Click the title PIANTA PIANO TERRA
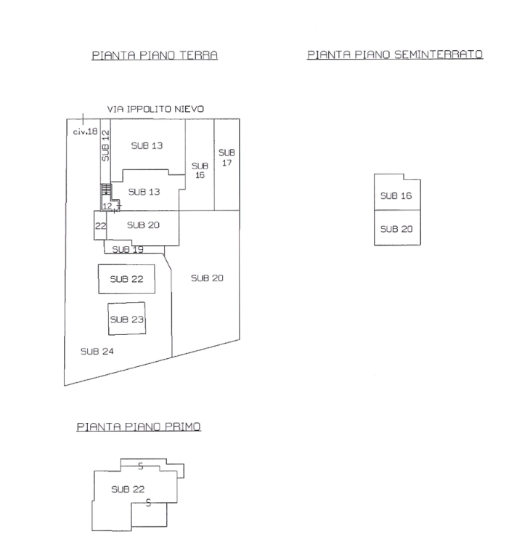pyautogui.click(x=155, y=55)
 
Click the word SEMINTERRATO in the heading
pyautogui.click(x=438, y=54)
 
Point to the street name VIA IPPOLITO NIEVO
pyautogui.click(x=155, y=109)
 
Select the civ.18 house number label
pyautogui.click(x=85, y=132)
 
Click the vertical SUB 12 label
pyautogui.click(x=105, y=145)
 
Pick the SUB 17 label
pyautogui.click(x=227, y=158)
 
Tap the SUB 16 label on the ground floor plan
pyautogui.click(x=200, y=171)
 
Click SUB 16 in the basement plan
pyautogui.click(x=396, y=195)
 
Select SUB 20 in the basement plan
pyautogui.click(x=396, y=229)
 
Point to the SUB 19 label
pyautogui.click(x=128, y=249)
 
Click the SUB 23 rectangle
pyautogui.click(x=126, y=319)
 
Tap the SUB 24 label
pyautogui.click(x=97, y=352)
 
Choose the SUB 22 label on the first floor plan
pyautogui.click(x=128, y=489)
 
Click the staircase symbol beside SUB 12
pyautogui.click(x=106, y=189)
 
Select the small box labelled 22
pyautogui.click(x=100, y=225)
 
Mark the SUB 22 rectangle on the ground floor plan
pyautogui.click(x=126, y=279)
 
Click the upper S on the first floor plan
pyautogui.click(x=140, y=466)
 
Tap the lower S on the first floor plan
pyautogui.click(x=148, y=503)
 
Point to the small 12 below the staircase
pyautogui.click(x=107, y=206)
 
